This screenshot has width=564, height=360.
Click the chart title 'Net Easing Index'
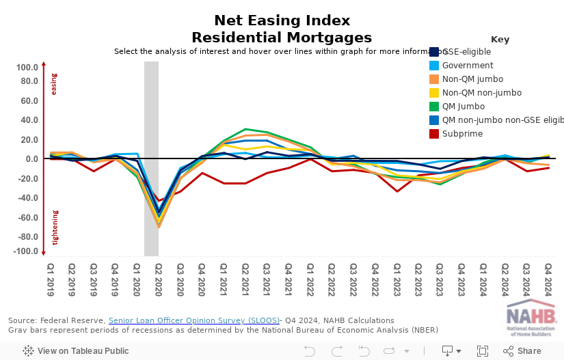point(282,20)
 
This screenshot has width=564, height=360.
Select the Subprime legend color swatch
point(433,134)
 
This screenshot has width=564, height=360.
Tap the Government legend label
point(468,66)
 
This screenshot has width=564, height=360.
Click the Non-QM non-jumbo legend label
point(482,93)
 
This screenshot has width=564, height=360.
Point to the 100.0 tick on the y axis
point(27,68)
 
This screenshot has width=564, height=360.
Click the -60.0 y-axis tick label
point(27,218)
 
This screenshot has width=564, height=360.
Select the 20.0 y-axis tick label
point(28,140)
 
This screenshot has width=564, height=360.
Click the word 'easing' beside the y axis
point(55,85)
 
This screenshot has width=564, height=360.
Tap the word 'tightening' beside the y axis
point(55,228)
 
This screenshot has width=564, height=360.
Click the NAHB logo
point(531,320)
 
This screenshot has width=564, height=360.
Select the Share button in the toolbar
point(522,351)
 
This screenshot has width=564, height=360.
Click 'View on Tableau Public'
point(75,351)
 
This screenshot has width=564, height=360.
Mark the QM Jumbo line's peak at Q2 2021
point(245,128)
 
